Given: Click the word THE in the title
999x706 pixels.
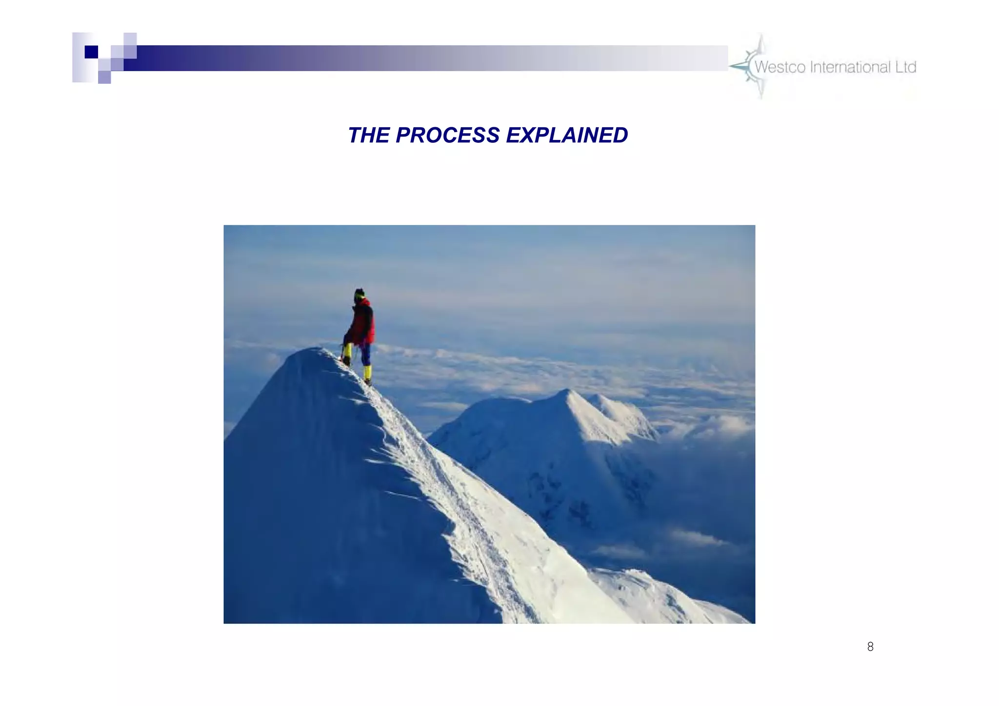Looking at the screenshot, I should click(x=368, y=136).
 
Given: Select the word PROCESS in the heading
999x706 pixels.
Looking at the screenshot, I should click(x=447, y=136).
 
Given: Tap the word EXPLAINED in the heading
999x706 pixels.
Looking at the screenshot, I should click(x=567, y=136).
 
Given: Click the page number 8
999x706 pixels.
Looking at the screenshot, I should click(x=870, y=647).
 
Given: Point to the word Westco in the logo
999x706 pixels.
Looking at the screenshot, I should click(x=779, y=67).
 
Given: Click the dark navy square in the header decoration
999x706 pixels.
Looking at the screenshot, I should click(x=91, y=52).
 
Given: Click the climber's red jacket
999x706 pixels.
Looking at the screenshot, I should click(x=363, y=323).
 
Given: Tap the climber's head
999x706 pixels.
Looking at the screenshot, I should click(x=360, y=294).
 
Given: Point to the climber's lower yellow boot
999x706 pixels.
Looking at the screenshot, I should click(x=367, y=374).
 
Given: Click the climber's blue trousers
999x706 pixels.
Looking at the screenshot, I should click(x=365, y=354).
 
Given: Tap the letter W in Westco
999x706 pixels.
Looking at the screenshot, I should click(x=761, y=67).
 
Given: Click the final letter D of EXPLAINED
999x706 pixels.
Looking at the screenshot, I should click(x=620, y=136).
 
